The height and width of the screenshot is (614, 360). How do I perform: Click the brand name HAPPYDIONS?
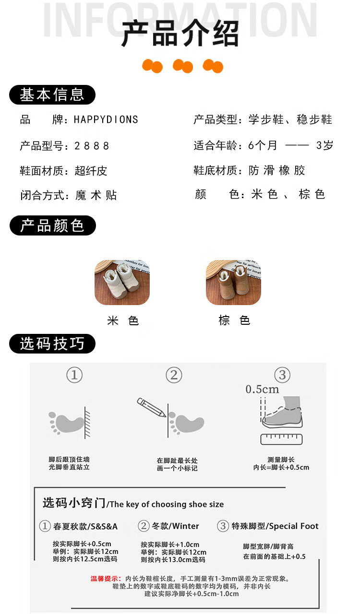point(106,119)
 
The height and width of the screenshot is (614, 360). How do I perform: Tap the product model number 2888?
point(92,146)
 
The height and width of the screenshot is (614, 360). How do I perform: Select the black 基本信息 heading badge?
point(52,95)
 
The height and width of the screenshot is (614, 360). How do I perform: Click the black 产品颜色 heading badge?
point(53,225)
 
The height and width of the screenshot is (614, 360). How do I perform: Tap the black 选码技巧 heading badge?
point(52,344)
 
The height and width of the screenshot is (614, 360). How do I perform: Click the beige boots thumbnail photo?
point(122,283)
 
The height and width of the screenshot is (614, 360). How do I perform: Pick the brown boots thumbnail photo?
point(233,283)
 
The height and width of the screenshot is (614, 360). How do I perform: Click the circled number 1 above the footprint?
point(74,375)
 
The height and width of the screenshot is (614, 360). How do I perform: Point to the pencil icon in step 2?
point(151,407)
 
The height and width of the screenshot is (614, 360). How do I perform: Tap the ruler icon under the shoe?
point(282,439)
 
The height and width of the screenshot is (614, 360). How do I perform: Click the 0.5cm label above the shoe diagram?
point(262,389)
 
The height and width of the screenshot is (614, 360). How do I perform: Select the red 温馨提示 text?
point(106,579)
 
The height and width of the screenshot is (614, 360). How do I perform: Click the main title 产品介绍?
point(180,33)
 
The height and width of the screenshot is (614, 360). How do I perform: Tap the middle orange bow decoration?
point(183,66)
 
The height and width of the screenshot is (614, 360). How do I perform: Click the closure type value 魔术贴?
point(96,195)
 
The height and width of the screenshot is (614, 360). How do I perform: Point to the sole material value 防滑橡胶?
point(276,170)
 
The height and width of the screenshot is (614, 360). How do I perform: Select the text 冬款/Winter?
point(175,526)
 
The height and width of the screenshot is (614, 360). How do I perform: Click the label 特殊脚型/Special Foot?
point(275,526)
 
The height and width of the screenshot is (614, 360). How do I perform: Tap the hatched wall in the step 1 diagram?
point(87,423)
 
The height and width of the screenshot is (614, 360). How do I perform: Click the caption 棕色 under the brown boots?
point(234,320)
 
